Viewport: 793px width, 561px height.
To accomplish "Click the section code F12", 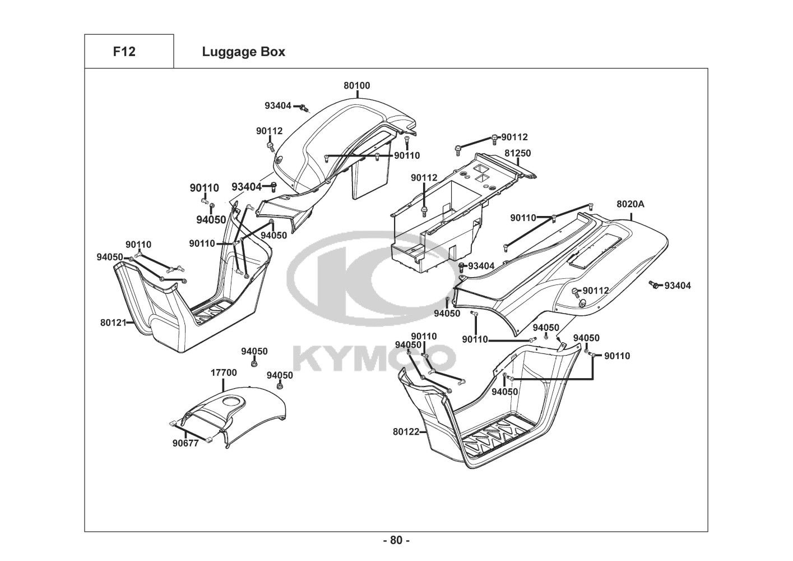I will click(124, 52).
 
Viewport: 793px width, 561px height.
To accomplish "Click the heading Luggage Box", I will click(243, 52).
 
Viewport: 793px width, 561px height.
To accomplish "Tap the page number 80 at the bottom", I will click(396, 540).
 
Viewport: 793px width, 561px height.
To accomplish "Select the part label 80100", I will click(357, 86).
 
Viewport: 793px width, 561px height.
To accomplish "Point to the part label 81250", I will click(517, 153).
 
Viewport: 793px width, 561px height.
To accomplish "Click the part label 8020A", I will click(630, 205).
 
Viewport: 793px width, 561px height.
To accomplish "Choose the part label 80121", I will click(114, 323).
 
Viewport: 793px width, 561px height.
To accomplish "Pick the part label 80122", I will click(406, 431).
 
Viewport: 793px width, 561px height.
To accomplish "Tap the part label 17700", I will click(224, 373).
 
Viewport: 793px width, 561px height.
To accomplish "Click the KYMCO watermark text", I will click(374, 358).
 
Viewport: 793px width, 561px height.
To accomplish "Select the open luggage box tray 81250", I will click(443, 219).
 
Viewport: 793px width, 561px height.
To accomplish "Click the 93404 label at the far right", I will click(678, 286).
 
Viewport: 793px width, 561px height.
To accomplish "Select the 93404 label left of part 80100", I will click(278, 105).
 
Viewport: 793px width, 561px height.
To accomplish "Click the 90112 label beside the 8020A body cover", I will click(595, 290).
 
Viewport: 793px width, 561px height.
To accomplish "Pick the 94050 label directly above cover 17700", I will click(254, 351).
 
